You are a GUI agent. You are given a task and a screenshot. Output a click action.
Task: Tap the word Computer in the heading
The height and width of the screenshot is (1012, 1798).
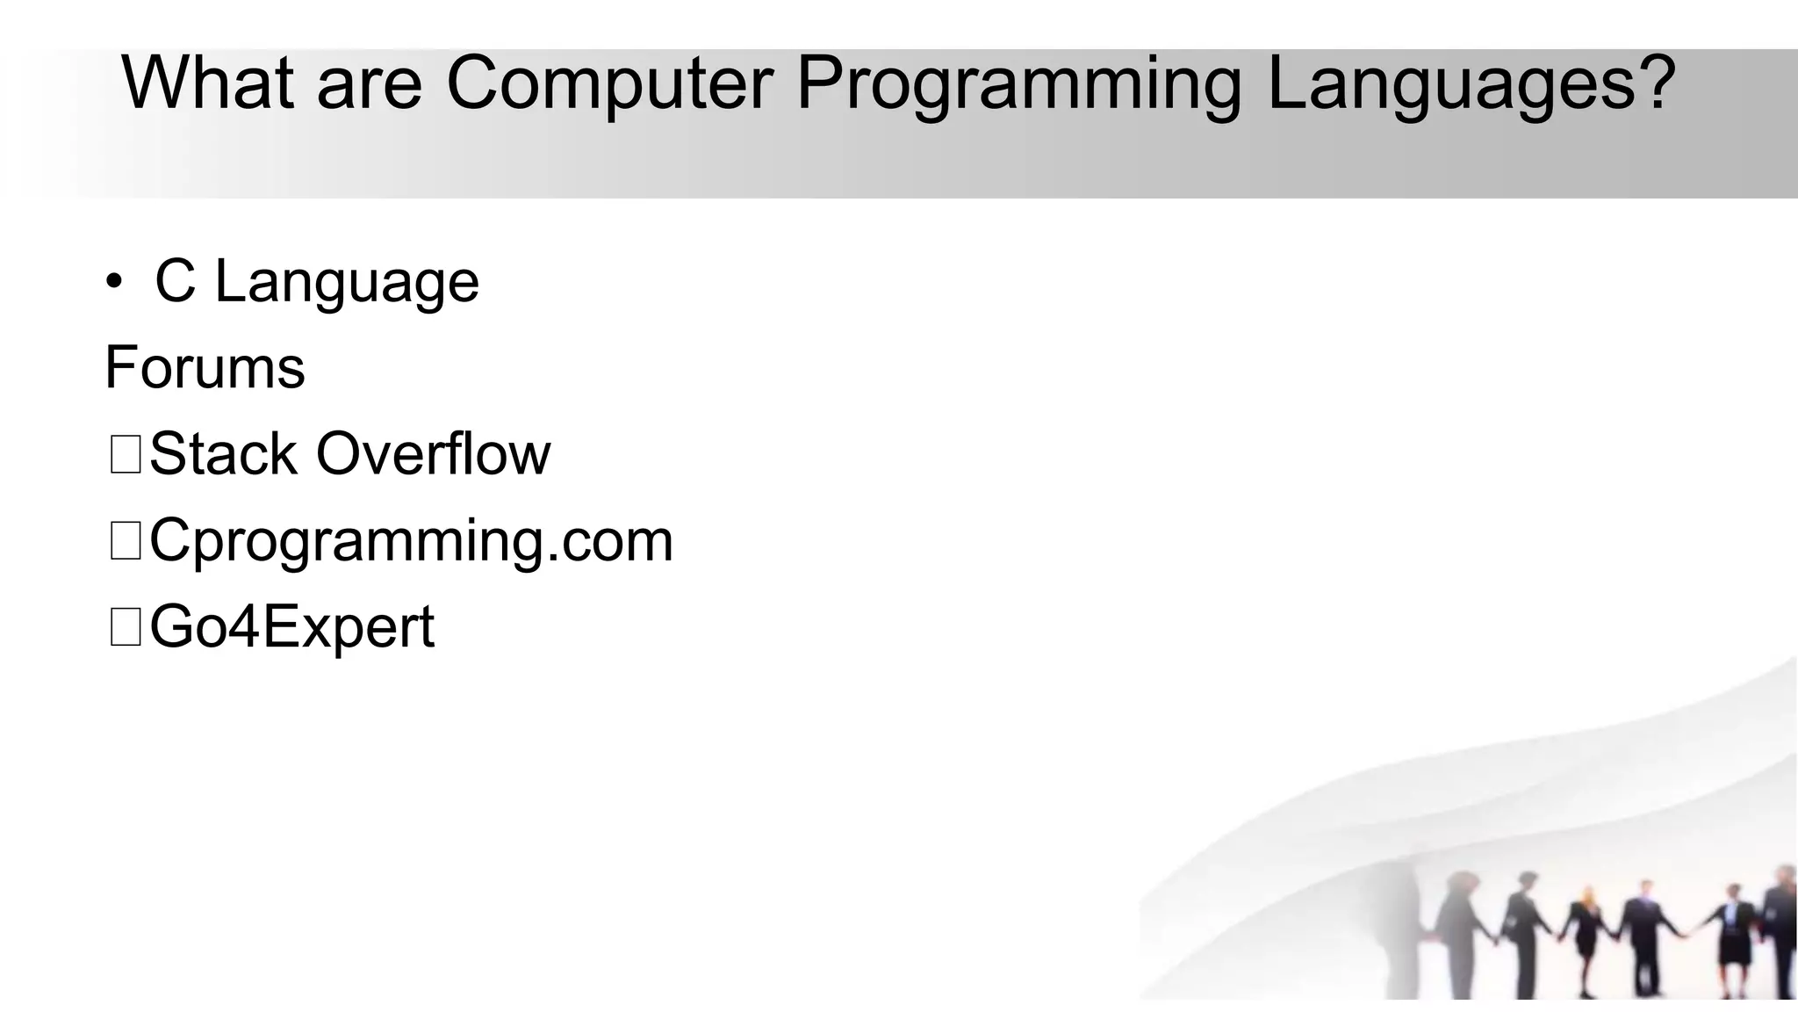click(x=609, y=83)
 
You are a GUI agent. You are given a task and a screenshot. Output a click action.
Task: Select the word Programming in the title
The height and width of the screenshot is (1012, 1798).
click(x=1018, y=85)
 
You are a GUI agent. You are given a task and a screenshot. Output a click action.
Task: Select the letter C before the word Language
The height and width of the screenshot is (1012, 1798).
click(x=175, y=282)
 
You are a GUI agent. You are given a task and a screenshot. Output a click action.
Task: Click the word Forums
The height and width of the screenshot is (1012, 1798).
click(x=205, y=367)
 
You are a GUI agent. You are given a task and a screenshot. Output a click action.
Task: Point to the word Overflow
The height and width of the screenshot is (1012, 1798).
click(x=433, y=454)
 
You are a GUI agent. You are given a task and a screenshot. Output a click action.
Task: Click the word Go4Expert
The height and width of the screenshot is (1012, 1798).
click(x=291, y=627)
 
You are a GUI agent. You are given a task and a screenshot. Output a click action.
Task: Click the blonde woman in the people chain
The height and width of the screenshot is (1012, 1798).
click(x=1586, y=931)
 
